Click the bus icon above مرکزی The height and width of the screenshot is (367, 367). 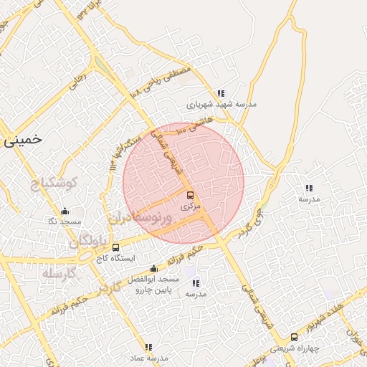190,195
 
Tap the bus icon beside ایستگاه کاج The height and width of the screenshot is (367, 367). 116,247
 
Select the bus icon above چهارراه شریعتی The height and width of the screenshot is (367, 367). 294,338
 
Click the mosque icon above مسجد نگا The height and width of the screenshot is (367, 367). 65,211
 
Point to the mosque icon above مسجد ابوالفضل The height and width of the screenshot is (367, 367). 153,268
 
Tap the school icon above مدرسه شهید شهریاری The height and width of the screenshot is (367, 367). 221,93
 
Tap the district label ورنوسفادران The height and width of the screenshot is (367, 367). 140,217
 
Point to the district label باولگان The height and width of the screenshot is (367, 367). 92,239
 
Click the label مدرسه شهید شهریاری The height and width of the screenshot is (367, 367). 221,105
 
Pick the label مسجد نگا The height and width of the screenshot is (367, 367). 64,222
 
